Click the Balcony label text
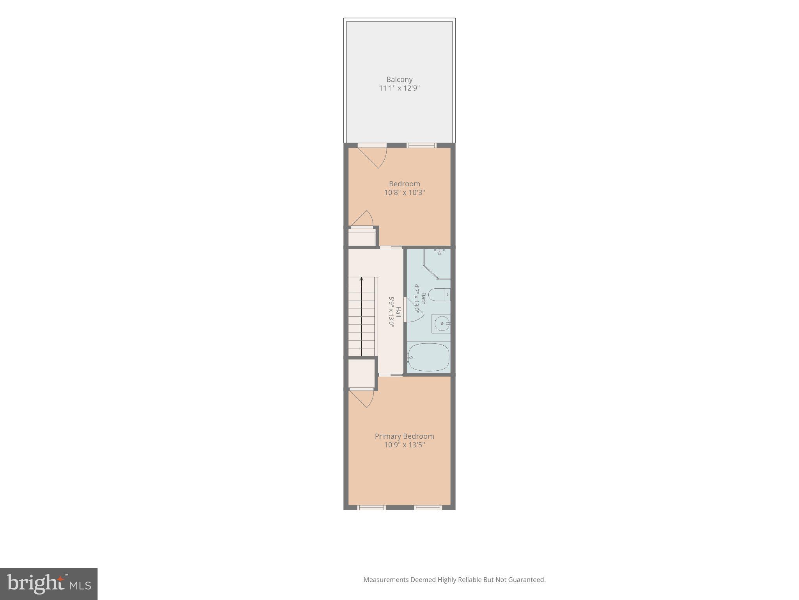[x=399, y=79]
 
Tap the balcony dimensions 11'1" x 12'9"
[x=399, y=88]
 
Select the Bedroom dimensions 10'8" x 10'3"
[x=404, y=192]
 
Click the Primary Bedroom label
[x=404, y=436]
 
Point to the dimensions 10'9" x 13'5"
[x=404, y=445]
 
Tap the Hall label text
[x=398, y=312]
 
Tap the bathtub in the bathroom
[x=428, y=357]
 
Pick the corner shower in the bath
[x=437, y=264]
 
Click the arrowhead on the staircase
[x=362, y=279]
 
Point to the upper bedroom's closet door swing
[x=362, y=218]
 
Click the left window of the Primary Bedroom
[x=371, y=507]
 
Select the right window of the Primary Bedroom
[x=428, y=507]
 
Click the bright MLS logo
[x=49, y=584]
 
